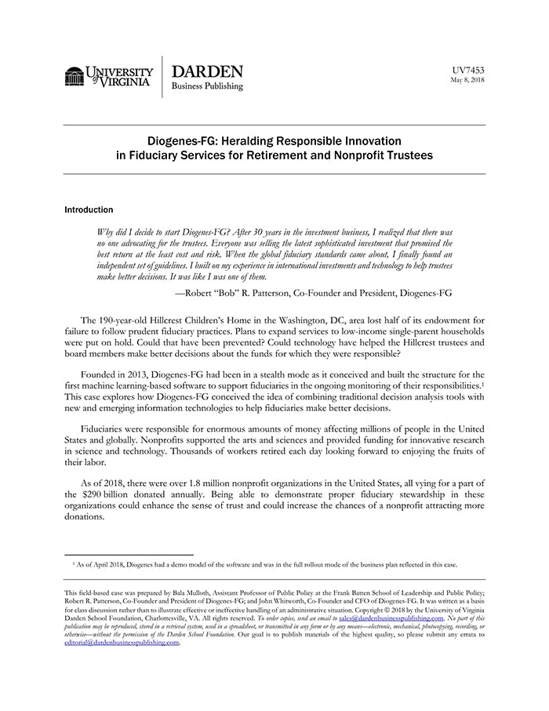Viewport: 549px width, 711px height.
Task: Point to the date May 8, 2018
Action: pos(467,80)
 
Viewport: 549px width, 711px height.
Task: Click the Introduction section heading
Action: pos(89,210)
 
